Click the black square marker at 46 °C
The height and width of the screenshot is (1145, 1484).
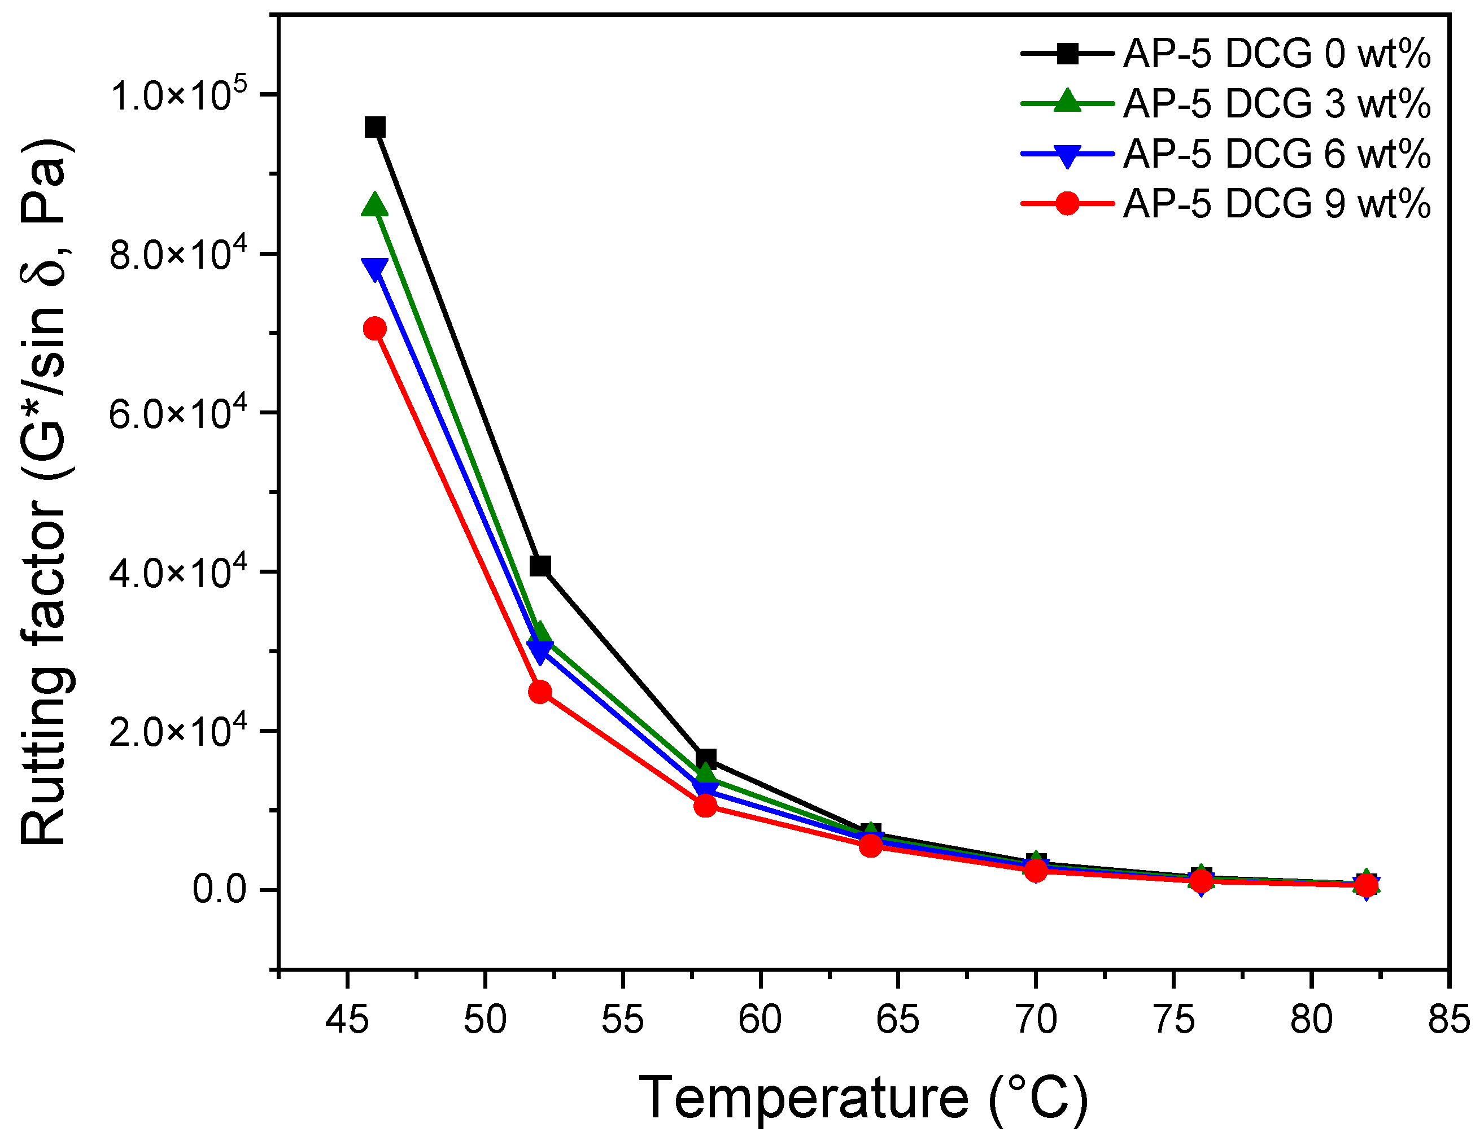coord(375,127)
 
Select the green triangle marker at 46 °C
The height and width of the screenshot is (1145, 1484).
coord(375,204)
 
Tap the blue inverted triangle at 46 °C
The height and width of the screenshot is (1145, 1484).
coord(375,268)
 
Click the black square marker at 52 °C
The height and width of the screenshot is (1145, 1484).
coord(540,565)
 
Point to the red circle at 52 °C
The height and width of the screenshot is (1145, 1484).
coord(540,692)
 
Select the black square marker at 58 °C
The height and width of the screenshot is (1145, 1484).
coord(706,759)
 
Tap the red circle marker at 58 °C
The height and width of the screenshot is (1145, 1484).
coord(706,806)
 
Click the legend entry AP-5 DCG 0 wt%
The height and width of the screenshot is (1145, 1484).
coord(1276,53)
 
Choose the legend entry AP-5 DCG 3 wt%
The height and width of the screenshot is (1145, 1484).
coord(1276,103)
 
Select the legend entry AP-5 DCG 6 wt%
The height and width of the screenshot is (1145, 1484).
coord(1276,154)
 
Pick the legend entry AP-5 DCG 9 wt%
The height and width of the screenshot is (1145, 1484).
coord(1276,203)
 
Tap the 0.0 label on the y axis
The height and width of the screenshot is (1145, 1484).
coord(219,889)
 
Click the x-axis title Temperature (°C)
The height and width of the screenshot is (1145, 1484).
coord(863,1098)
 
